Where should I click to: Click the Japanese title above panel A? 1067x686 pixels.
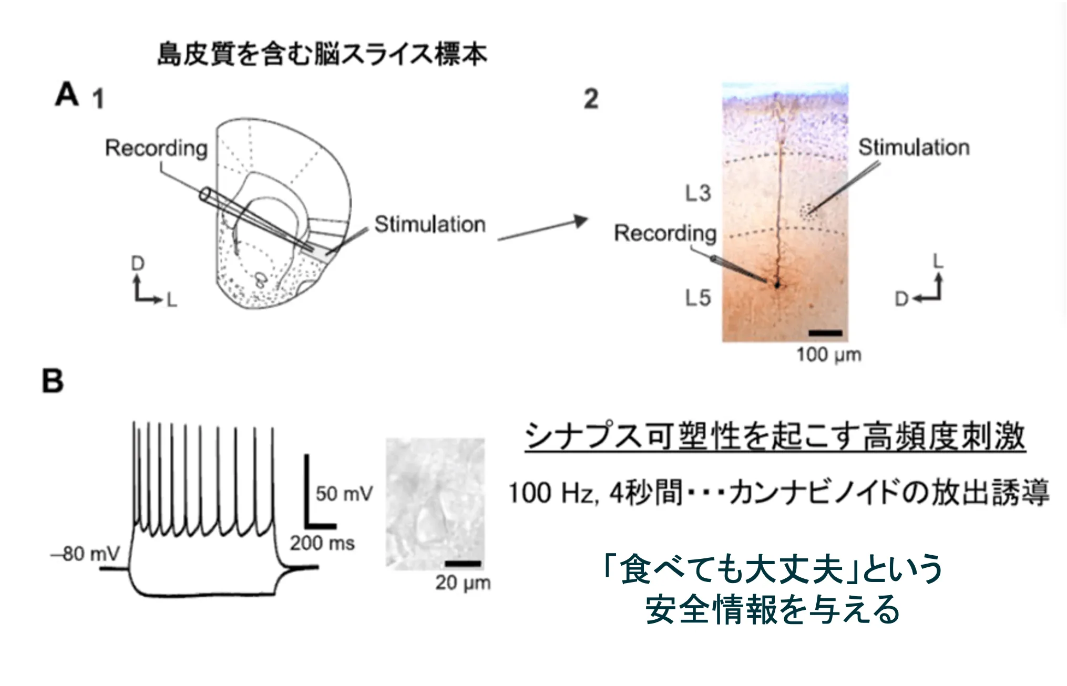(322, 55)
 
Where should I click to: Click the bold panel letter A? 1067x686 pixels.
(67, 95)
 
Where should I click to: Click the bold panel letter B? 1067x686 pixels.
(53, 381)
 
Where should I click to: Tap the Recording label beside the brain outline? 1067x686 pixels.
(156, 148)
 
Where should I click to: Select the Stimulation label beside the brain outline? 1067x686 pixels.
(429, 224)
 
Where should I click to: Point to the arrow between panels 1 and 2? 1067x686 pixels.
(542, 230)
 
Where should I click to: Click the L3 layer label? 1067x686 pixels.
(697, 193)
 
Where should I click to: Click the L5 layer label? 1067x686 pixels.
(697, 298)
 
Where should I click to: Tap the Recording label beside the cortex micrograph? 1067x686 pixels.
(665, 233)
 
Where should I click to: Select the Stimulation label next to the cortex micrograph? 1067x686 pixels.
(914, 148)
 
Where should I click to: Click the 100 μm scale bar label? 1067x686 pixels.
(828, 355)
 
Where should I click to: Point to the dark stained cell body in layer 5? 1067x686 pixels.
(777, 285)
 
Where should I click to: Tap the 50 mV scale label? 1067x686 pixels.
(344, 494)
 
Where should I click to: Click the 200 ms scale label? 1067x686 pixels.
(322, 543)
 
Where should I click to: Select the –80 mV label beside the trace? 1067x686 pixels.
(86, 554)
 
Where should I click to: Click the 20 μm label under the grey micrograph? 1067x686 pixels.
(463, 583)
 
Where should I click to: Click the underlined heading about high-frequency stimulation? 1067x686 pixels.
(775, 436)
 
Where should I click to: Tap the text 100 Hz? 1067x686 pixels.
(551, 493)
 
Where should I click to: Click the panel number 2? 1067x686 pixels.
(591, 99)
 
